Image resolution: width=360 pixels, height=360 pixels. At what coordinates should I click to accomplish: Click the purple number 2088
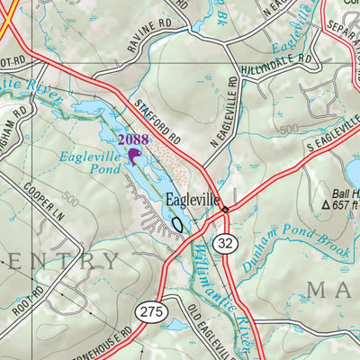click(x=132, y=139)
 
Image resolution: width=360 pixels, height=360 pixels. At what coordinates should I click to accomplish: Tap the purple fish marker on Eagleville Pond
click(x=134, y=157)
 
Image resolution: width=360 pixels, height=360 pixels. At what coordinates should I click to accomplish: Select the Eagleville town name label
click(x=192, y=202)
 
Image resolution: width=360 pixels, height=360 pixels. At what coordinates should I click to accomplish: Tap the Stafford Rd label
click(x=160, y=122)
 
